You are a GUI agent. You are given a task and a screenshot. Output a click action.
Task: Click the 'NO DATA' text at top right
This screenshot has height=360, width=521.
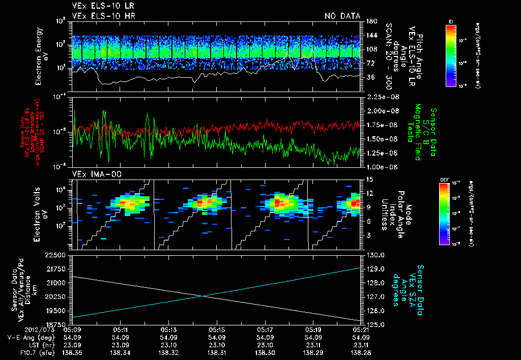(x=342, y=16)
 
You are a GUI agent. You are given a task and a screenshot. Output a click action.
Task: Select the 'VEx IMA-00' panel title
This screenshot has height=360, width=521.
(x=92, y=174)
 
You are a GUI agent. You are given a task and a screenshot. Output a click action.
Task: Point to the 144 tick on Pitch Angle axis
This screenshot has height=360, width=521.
(x=368, y=35)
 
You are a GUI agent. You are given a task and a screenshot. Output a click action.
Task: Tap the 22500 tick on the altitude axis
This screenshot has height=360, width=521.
(x=55, y=255)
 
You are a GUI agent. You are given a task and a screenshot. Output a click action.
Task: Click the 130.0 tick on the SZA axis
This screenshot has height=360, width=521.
(x=373, y=255)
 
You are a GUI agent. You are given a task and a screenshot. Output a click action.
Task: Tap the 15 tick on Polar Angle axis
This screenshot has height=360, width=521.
(x=369, y=179)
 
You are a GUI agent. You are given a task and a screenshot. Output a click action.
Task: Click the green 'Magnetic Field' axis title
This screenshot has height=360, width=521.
(x=417, y=132)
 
